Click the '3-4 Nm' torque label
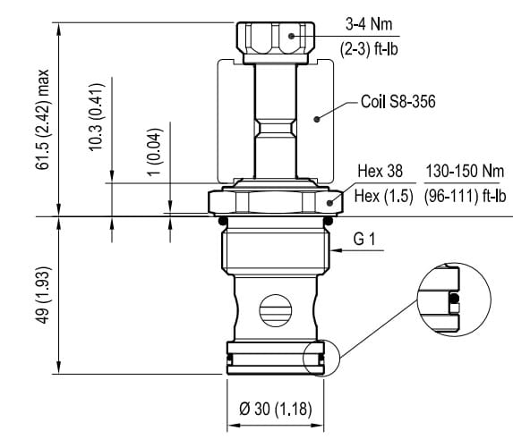369,24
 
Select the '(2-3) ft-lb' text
369,49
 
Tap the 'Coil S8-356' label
398,102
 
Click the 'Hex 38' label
380,171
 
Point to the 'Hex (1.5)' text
384,196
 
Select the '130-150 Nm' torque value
465,171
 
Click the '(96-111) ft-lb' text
465,196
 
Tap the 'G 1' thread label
364,239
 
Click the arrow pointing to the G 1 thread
357,250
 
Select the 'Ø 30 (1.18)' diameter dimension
276,409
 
